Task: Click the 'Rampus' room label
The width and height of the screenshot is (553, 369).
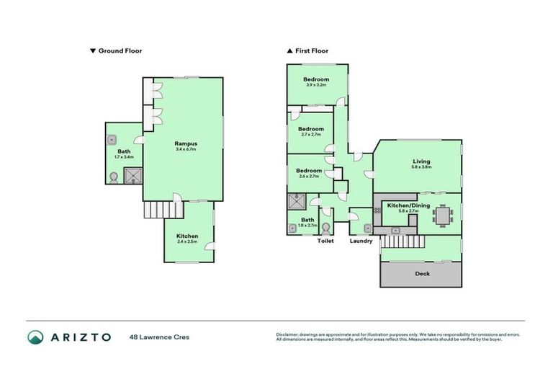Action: coord(186,143)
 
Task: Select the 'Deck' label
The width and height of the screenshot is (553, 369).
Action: coord(421,274)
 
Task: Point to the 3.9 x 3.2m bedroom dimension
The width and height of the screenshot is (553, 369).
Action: coord(315,85)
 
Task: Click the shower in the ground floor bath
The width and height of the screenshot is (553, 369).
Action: coord(132,175)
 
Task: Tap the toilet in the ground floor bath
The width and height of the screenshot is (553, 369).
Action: coord(114,177)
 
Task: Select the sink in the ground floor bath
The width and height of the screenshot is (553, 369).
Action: coord(113,141)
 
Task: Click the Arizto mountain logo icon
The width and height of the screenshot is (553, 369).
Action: coord(35,337)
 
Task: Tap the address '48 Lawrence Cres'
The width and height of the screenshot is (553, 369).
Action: coord(159,337)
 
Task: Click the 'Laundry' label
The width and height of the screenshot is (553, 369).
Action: coord(361,241)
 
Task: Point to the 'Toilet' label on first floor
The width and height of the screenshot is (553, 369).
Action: coord(326,241)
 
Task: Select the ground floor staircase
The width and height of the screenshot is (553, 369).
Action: coord(163,210)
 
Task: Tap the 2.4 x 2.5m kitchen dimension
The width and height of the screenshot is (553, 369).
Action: coord(187,242)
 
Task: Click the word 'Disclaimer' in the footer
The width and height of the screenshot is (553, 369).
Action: coord(289,334)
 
